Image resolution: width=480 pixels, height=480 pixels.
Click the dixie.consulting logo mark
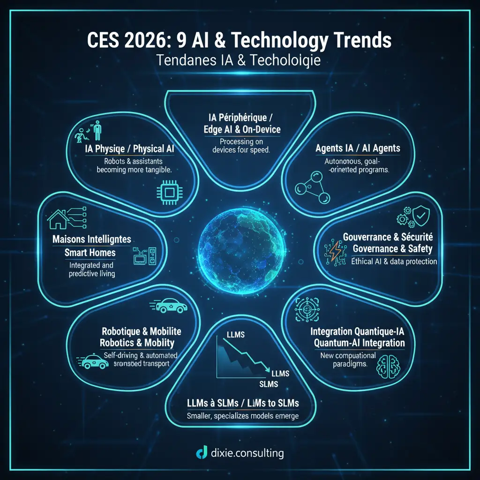[202, 453]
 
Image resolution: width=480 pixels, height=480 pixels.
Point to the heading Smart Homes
[90, 253]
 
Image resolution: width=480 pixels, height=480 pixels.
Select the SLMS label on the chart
[269, 384]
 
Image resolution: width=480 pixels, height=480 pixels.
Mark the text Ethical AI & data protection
[394, 262]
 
